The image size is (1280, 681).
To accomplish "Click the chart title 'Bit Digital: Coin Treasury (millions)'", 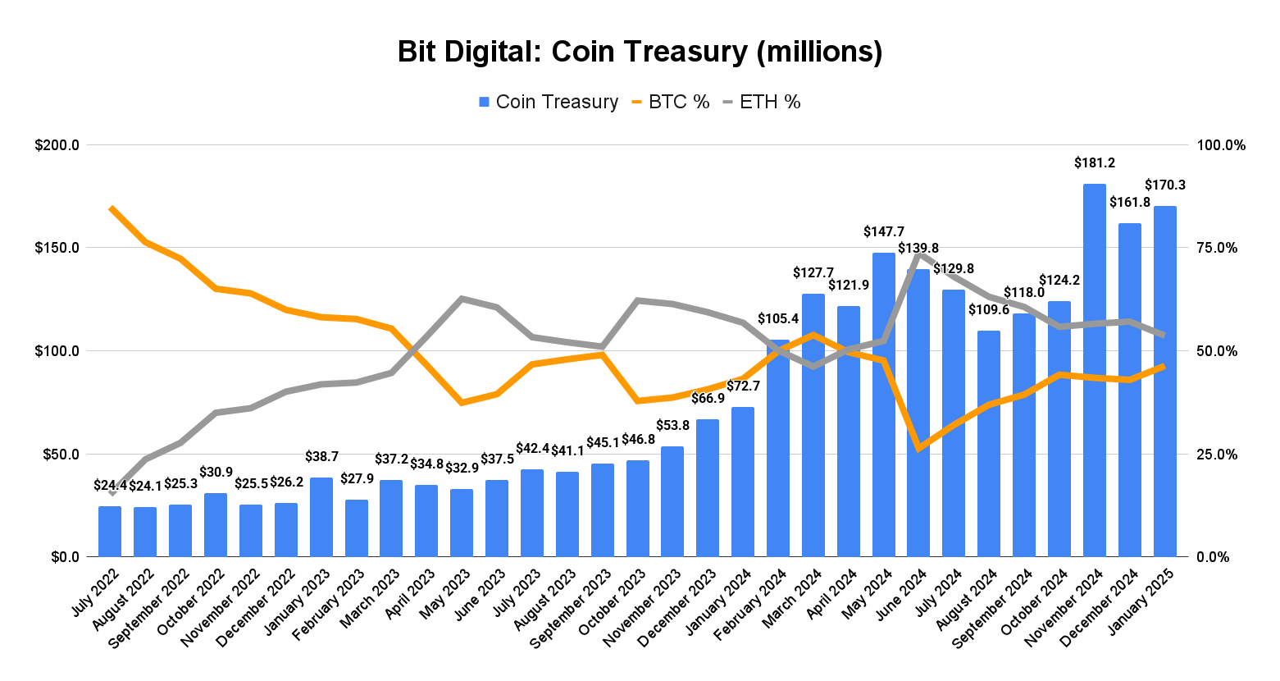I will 640,51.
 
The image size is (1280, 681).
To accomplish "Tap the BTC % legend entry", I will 670,102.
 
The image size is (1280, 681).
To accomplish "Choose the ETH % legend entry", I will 761,102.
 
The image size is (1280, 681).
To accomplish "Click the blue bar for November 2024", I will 1095,369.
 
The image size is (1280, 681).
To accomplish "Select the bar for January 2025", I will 1164,382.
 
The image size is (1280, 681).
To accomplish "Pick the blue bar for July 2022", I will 110,532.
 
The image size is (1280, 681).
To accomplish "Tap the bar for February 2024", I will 778,447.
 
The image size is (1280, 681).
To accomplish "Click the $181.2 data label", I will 1095,163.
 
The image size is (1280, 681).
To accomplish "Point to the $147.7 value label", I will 884,232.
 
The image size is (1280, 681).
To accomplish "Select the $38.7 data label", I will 321,457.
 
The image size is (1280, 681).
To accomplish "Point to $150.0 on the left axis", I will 57,248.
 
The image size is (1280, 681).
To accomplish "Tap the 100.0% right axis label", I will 1220,145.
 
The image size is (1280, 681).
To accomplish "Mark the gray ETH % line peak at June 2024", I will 918,254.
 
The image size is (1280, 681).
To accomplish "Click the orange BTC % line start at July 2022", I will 112,208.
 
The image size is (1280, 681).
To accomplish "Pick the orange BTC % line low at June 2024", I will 919,449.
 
